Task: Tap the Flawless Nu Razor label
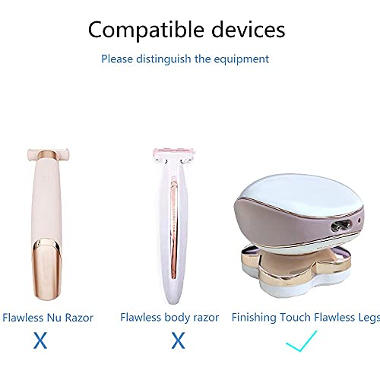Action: (48, 317)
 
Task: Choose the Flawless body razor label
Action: (169, 317)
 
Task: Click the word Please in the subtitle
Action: (120, 59)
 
